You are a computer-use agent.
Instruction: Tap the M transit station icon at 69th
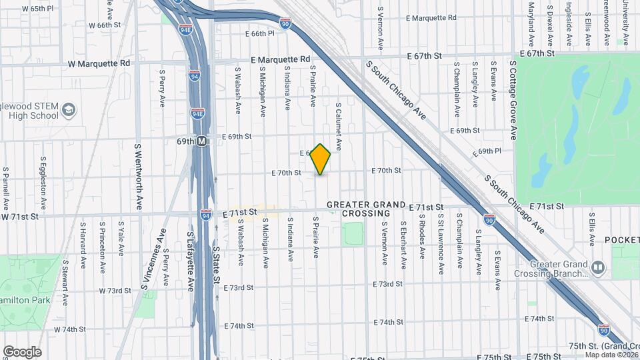click(x=201, y=141)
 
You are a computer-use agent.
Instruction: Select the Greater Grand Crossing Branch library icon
click(x=599, y=269)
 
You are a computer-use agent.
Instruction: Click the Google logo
click(x=22, y=351)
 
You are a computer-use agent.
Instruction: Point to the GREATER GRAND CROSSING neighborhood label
click(x=365, y=209)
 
